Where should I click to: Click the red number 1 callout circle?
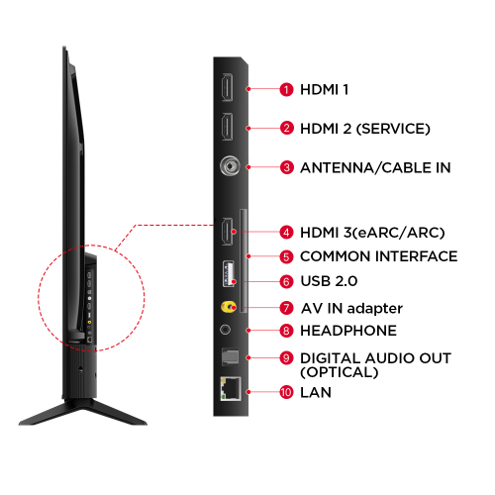coord(286,89)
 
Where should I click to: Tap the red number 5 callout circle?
coord(286,256)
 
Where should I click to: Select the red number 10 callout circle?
coord(286,392)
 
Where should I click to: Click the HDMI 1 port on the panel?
coord(228,87)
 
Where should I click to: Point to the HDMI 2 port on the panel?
coord(228,127)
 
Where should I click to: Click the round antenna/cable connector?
coord(230,166)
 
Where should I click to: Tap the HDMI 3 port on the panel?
coord(228,232)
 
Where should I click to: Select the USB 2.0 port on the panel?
coord(229,273)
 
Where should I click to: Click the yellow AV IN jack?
coord(229,307)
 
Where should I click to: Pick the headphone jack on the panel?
coord(225,330)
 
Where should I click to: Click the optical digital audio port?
coord(230,356)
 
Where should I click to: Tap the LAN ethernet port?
coord(231,388)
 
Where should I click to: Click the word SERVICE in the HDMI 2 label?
coord(393,129)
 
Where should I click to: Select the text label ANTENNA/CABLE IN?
coord(375,167)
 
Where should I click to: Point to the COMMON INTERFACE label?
coord(379,256)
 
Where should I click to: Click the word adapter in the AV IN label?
coord(375,309)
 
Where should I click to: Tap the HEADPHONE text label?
coord(348,331)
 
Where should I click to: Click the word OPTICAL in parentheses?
coord(340,372)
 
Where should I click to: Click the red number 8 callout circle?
coord(286,331)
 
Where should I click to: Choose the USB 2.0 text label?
coord(329,281)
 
